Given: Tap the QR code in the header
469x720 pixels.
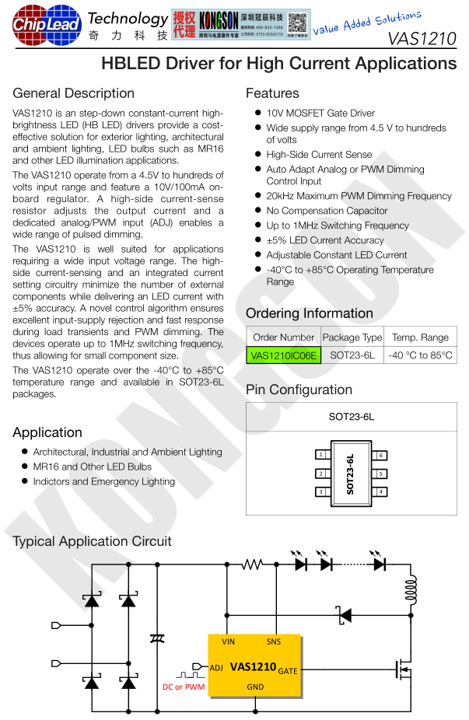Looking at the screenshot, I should (x=297, y=24).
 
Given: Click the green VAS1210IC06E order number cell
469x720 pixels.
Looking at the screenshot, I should (x=284, y=355).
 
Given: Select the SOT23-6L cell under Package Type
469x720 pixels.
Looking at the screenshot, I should (x=352, y=355).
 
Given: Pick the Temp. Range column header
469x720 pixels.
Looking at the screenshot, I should (x=420, y=337).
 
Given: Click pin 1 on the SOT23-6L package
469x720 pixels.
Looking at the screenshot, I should (x=320, y=454).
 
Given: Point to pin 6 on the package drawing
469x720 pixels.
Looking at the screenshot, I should (x=381, y=454).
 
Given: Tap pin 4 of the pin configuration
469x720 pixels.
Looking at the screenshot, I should (x=381, y=491).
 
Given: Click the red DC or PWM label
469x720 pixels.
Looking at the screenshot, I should (x=184, y=687).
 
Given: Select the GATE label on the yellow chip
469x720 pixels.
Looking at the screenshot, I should (x=287, y=670).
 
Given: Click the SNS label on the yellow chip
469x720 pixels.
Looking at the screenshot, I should (x=274, y=641).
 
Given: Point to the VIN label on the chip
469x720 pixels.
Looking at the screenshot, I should (x=229, y=641).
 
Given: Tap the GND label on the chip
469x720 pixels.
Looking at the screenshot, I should (x=255, y=687).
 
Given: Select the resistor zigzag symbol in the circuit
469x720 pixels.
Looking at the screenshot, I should (x=252, y=564).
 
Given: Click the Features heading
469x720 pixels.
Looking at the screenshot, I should (x=272, y=93).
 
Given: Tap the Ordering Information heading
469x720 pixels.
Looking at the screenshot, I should (x=310, y=313).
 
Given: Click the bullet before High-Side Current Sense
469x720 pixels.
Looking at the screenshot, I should (x=257, y=155).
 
